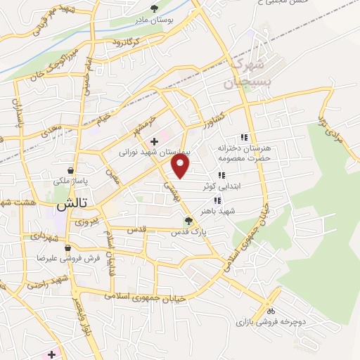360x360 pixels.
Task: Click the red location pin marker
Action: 181,166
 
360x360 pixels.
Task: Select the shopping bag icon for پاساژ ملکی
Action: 71,171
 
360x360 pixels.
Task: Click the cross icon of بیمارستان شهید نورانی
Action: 154,141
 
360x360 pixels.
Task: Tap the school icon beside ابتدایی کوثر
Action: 221,175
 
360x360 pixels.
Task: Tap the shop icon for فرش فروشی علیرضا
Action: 67,248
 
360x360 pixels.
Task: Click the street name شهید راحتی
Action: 46,283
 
